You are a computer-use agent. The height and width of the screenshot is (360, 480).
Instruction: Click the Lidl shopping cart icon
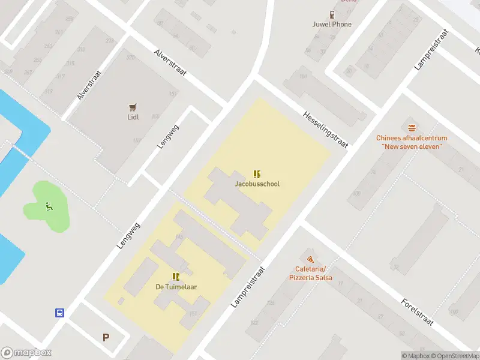pos(133,107)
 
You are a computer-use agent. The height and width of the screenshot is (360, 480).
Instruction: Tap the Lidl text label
pos(133,117)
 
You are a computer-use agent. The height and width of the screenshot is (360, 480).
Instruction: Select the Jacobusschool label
pos(257,184)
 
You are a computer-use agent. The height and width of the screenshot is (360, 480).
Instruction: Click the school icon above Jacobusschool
pos(257,174)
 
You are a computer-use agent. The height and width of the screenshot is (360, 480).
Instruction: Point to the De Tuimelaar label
pos(176,287)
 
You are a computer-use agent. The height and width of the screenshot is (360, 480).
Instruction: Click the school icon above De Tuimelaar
pos(176,277)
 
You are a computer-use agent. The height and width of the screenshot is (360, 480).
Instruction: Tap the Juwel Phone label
pos(332,25)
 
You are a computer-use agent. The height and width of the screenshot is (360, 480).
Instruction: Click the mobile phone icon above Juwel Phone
pos(331,15)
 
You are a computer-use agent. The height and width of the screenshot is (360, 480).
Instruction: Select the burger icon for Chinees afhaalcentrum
pos(412,128)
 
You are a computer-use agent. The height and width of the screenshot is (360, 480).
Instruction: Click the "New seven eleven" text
pos(412,146)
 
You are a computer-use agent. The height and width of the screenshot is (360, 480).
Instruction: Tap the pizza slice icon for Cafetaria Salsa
pos(310,259)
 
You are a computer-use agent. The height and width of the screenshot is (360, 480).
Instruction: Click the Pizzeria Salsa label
pos(310,278)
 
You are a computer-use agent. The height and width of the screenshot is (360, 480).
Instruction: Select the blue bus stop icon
pos(60,313)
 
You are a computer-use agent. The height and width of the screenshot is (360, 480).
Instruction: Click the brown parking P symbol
pos(106,337)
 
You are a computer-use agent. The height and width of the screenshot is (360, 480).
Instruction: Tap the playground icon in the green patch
pos(49,207)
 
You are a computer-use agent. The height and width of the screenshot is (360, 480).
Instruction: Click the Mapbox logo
pos(26,353)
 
